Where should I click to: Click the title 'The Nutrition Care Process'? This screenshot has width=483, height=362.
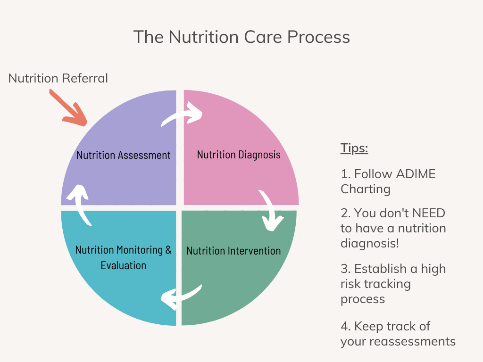[241, 37]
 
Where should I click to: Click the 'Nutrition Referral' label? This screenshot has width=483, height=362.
[58, 78]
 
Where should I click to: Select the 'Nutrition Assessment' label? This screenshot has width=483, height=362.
[124, 155]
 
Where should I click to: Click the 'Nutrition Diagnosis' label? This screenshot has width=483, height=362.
[239, 155]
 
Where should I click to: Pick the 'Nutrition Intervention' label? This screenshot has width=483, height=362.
[233, 251]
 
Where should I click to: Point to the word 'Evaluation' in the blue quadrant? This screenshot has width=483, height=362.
[124, 265]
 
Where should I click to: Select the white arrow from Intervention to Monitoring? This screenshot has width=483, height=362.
[181, 295]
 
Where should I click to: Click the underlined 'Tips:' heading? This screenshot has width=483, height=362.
[354, 148]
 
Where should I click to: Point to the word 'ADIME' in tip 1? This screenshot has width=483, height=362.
[415, 174]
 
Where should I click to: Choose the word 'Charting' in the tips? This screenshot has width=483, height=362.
[366, 189]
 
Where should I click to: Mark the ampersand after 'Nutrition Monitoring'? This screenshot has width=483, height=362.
[168, 250]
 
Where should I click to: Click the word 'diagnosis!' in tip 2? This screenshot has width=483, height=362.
[368, 244]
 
